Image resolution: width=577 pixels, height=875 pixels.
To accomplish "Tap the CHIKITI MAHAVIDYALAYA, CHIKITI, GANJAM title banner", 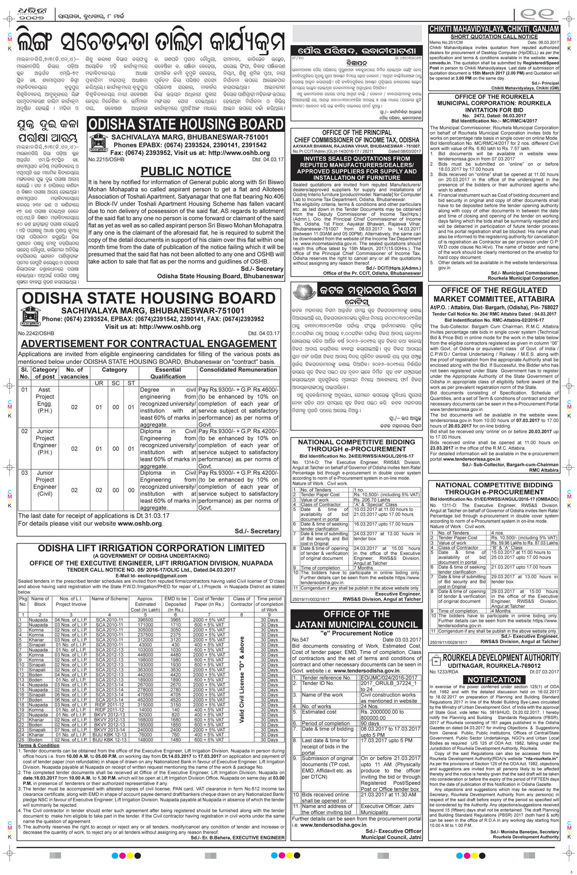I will [494, 29].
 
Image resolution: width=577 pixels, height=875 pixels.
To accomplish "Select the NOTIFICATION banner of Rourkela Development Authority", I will [494, 679].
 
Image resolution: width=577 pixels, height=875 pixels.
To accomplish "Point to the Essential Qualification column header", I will [168, 373].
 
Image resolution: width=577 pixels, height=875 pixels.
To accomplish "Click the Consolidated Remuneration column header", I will [238, 370].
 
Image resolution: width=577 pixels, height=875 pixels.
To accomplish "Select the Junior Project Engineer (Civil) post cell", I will [45, 487].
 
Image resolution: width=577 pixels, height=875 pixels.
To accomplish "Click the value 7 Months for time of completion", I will [364, 568].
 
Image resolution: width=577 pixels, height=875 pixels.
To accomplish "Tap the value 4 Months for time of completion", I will [502, 611].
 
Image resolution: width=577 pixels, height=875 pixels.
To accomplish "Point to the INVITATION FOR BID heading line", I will [494, 109].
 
